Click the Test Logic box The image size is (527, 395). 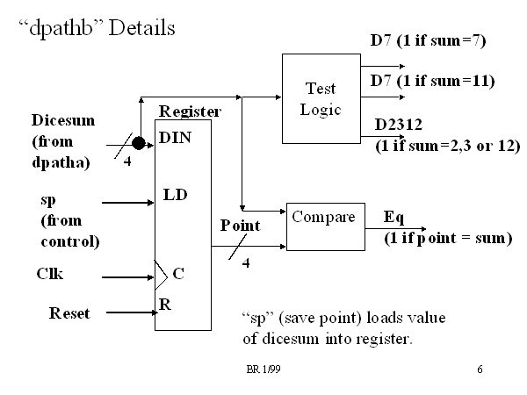pyautogui.click(x=321, y=98)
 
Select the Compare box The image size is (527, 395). pyautogui.click(x=324, y=226)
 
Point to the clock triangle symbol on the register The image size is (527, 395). pyautogui.click(x=160, y=274)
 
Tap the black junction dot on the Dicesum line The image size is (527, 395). pyautogui.click(x=139, y=141)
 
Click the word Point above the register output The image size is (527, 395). pyautogui.click(x=240, y=226)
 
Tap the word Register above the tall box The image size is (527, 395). pyautogui.click(x=189, y=111)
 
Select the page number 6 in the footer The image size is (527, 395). pyautogui.click(x=480, y=370)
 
